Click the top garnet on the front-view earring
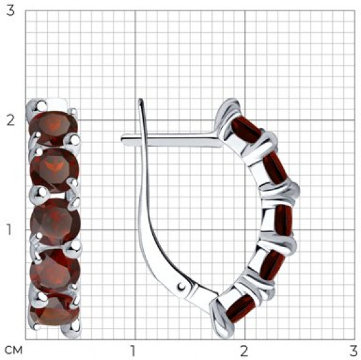53,127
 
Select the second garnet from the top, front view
54,170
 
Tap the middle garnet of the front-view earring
55,221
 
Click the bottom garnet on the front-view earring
54,311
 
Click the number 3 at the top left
11,10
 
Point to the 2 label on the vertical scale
11,120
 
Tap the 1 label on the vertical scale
9,229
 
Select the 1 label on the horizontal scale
132,351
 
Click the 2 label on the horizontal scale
245,351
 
